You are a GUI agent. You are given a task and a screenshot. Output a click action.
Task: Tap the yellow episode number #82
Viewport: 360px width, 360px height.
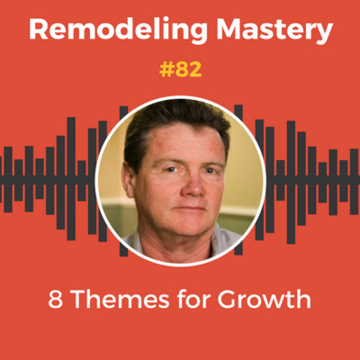(x=180, y=70)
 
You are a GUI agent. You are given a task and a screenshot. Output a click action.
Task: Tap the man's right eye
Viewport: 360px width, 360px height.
(x=160, y=165)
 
